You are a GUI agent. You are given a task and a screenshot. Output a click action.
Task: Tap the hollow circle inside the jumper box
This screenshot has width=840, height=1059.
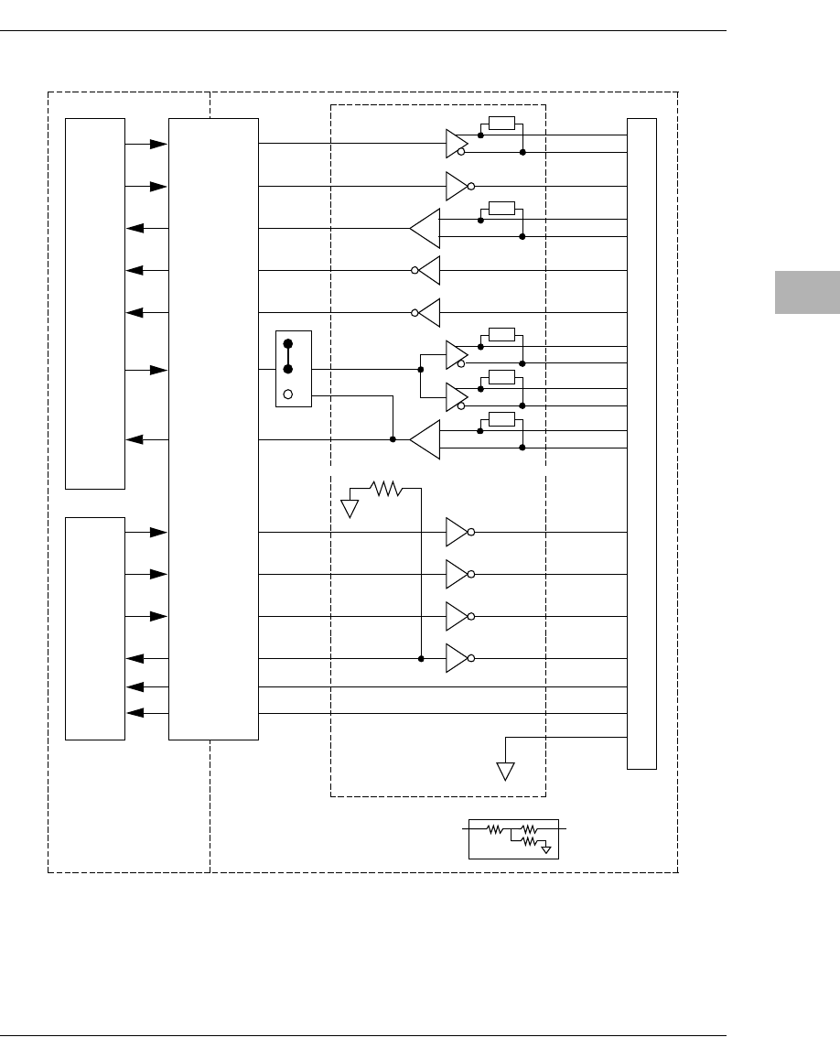[288, 394]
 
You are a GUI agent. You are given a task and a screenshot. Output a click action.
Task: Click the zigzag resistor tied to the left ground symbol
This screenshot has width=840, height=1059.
[386, 489]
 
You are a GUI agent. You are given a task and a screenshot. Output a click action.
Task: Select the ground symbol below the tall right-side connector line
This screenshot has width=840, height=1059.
[506, 771]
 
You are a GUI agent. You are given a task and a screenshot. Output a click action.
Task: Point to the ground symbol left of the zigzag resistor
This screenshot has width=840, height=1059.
[350, 507]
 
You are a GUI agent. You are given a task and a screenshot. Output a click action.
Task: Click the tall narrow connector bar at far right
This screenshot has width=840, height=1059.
[641, 444]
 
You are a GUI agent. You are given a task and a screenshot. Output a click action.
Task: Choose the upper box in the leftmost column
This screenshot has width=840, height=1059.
[95, 303]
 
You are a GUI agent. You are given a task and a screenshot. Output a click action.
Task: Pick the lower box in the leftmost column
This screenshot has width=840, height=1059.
[95, 628]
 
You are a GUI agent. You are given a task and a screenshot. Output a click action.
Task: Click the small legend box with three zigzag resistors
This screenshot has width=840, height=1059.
[513, 837]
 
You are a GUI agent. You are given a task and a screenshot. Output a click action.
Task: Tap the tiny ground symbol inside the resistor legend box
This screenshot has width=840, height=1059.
[545, 849]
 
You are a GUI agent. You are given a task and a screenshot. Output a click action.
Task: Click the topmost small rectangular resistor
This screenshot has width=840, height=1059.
[501, 124]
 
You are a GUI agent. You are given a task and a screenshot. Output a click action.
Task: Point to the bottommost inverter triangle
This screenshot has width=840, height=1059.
[458, 658]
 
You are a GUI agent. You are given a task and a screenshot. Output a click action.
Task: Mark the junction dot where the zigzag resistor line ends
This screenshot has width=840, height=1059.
[421, 658]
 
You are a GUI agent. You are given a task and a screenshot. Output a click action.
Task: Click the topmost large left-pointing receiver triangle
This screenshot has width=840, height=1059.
[425, 228]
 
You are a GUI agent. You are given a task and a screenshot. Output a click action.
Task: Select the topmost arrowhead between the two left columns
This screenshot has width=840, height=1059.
[158, 144]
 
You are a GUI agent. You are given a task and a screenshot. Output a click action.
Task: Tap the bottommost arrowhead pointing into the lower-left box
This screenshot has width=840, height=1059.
[135, 713]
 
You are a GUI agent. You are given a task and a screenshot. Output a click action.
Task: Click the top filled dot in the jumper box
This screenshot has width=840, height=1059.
[288, 345]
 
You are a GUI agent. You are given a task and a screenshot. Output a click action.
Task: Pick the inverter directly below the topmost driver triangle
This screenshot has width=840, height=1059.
[458, 186]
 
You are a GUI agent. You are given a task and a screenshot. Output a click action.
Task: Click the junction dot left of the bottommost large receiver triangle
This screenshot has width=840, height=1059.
[393, 439]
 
